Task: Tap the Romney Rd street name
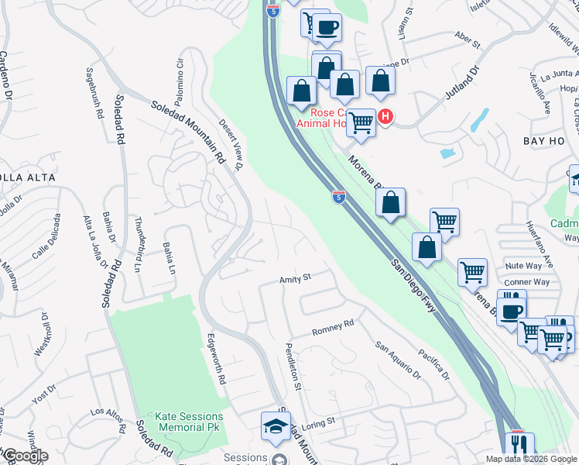coord(333,327)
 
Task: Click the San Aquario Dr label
coord(398,361)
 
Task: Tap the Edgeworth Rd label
coord(216,360)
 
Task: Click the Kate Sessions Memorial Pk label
coord(188,422)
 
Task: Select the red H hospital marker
coord(385,118)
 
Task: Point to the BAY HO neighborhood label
coord(545,140)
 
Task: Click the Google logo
coord(26,456)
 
